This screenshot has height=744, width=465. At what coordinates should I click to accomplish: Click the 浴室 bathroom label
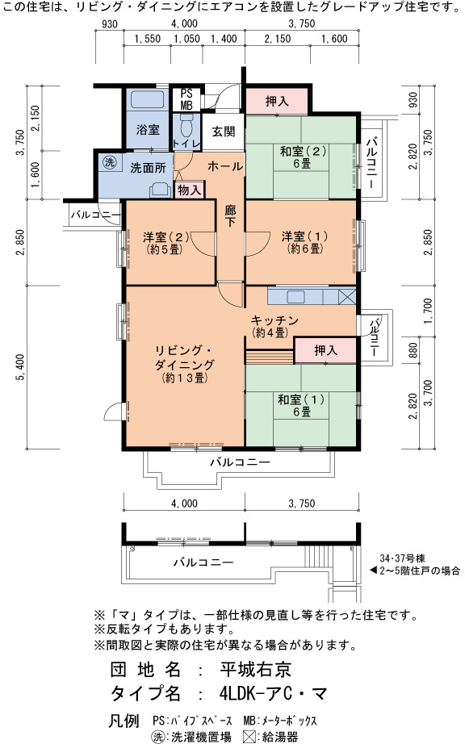pos(148,129)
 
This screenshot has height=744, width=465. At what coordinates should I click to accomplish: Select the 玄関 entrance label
pos(223,132)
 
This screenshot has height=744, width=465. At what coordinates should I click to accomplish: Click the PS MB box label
pos(186,99)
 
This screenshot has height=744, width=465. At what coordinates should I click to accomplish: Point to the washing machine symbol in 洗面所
pos(110,162)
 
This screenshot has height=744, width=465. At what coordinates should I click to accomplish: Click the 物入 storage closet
pos(190,190)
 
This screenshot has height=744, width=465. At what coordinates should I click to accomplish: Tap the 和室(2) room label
pos(302,157)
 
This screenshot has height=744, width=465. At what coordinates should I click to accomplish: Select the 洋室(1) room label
pos(304,241)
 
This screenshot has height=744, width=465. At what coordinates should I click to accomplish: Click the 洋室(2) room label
pos(165,242)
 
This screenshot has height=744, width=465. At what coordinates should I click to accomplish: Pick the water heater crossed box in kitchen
pos(347,297)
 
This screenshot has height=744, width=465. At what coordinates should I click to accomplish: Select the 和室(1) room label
pos(301,405)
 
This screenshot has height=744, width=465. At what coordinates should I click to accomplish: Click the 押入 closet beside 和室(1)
pos(325,350)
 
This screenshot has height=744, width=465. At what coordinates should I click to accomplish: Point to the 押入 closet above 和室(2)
pos(277,101)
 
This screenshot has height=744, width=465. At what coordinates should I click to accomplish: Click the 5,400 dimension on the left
pos(20,368)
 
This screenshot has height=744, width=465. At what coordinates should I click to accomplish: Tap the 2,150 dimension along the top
pos(278,39)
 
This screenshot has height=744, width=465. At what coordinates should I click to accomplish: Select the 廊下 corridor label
pos(230,215)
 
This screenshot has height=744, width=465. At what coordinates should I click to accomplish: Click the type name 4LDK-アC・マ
pos(273,694)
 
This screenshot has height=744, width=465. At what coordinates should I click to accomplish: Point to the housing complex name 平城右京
pos(255,669)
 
